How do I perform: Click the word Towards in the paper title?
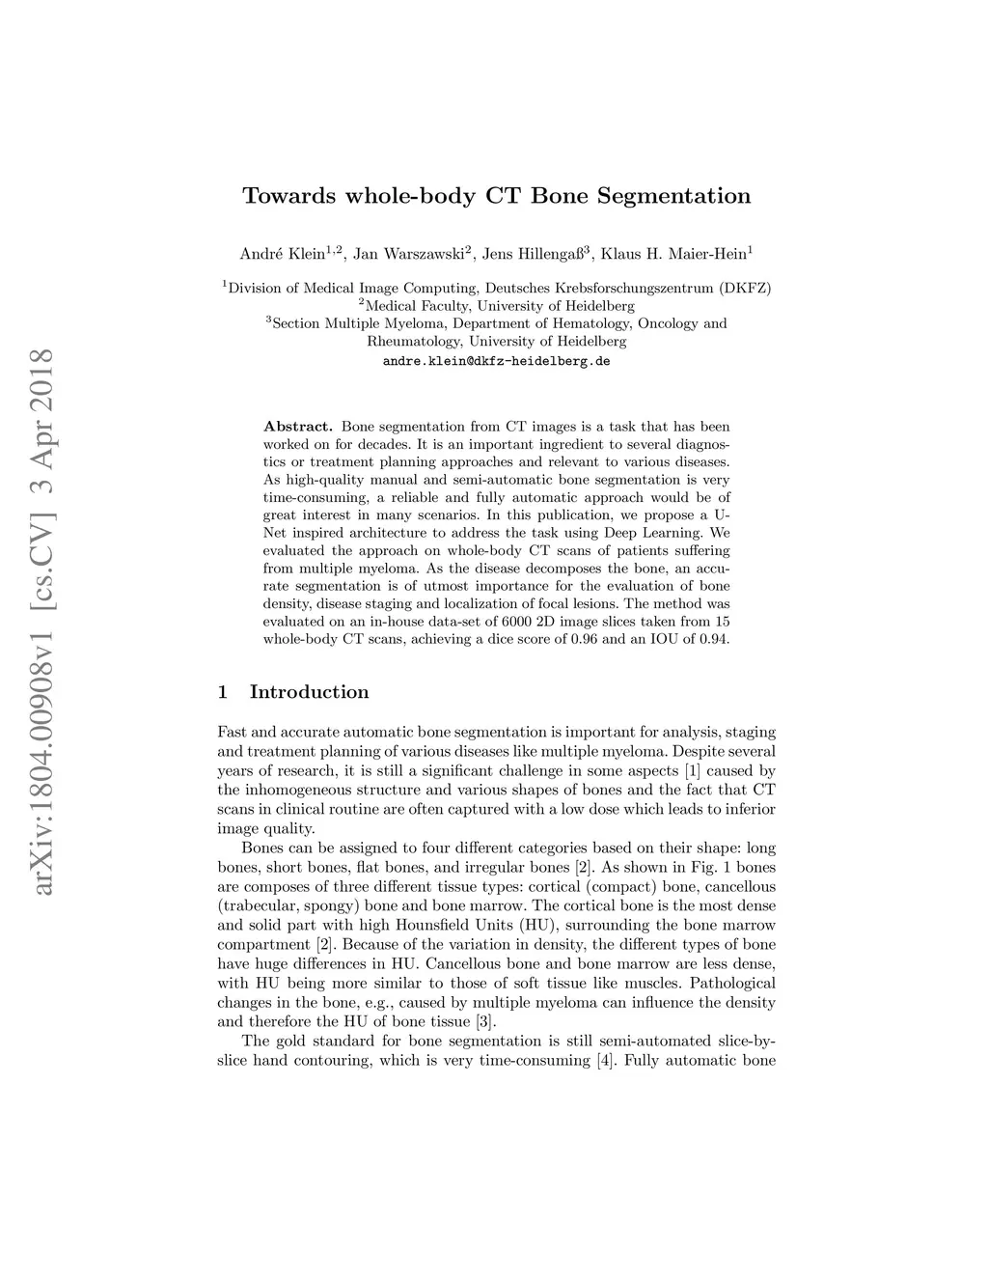pos(286,196)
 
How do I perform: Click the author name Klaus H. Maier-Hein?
pos(675,255)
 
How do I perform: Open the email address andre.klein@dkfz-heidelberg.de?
pos(497,361)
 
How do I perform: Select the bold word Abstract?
pos(297,426)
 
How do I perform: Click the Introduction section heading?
pos(309,692)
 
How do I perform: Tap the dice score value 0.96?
pos(582,639)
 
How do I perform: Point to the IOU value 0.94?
pos(714,639)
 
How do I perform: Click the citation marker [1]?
pos(691,771)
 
